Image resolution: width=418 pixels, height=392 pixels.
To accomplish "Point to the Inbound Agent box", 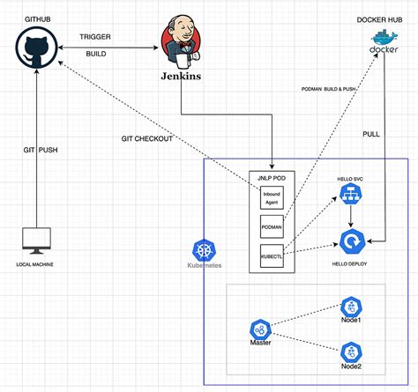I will coord(271,197).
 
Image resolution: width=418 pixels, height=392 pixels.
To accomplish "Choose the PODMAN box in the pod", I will coord(271,227).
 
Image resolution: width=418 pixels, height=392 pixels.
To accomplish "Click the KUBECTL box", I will coord(271,256).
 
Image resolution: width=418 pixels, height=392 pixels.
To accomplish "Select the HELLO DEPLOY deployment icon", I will coord(352,240).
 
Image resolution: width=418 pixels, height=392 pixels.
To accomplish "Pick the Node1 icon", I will coord(352,307).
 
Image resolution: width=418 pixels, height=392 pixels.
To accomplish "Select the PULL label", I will coord(372,133).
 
